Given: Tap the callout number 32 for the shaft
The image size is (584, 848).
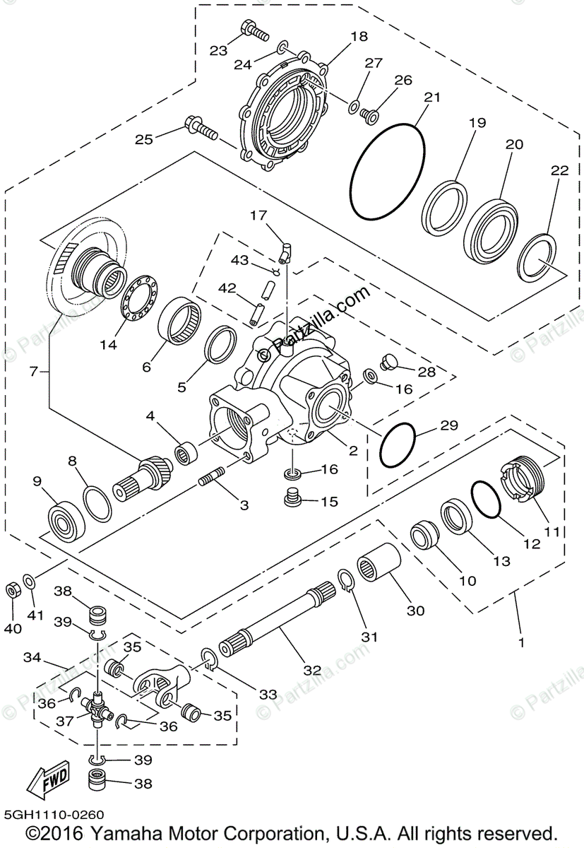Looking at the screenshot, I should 312,670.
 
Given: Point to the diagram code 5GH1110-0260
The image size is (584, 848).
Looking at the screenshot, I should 49,814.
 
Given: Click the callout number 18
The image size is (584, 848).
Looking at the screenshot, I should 359,37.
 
